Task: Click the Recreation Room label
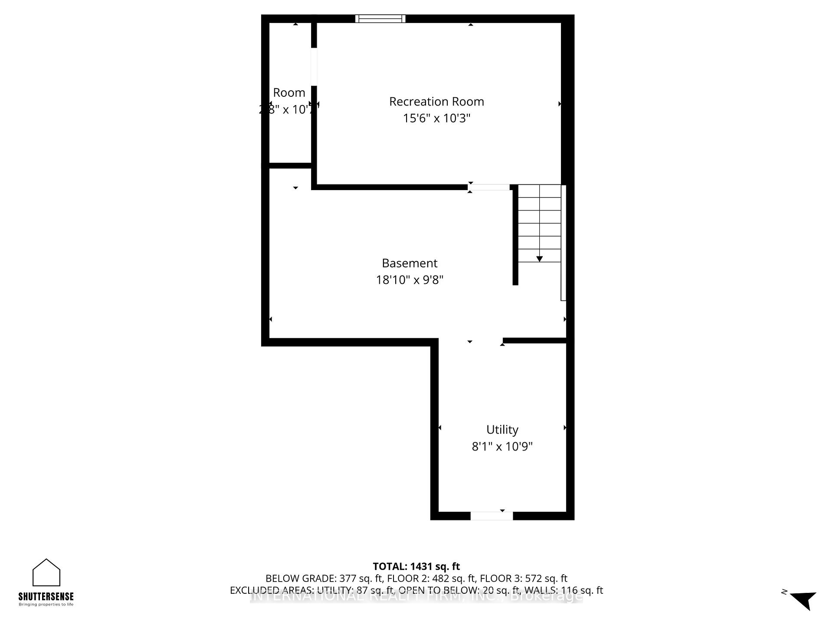(436, 102)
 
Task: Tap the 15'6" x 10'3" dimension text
(436, 118)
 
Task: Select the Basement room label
(410, 263)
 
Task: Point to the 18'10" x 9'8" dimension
(410, 280)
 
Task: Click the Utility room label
(502, 430)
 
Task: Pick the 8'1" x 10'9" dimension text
(502, 446)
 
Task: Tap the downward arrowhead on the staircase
(539, 259)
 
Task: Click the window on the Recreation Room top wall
(380, 19)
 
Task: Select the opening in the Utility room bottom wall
(492, 516)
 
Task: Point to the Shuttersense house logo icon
(46, 572)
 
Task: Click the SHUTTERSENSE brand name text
(46, 596)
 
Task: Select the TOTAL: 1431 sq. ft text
(416, 566)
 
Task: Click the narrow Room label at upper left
(289, 93)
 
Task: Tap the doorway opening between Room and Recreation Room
(314, 66)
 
